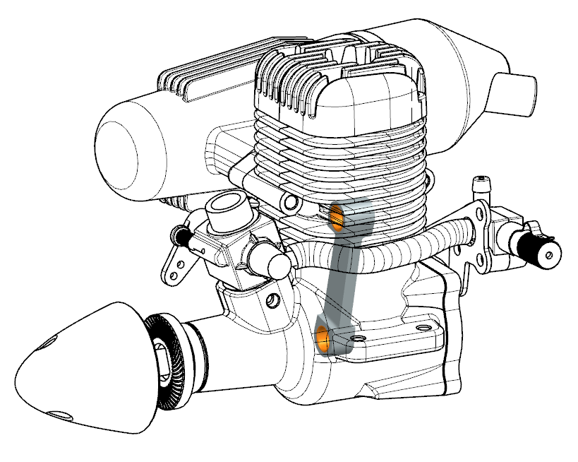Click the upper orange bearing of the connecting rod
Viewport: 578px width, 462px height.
click(337, 215)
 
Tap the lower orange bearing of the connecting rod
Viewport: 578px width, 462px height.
click(323, 338)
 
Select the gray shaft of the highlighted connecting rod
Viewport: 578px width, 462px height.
click(342, 276)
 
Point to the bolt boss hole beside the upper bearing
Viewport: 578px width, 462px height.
click(290, 204)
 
